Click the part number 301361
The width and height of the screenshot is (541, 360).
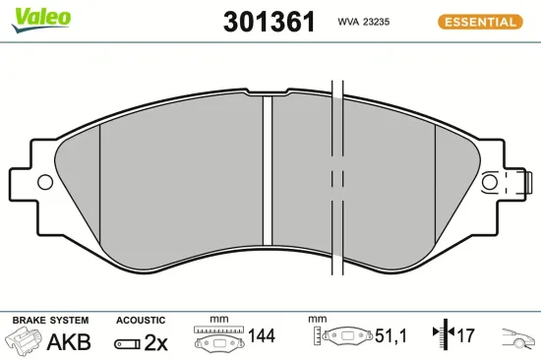[269, 21]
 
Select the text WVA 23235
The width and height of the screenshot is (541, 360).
[366, 22]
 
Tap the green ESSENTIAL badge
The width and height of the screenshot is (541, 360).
[479, 22]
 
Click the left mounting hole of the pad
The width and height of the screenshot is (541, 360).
[43, 182]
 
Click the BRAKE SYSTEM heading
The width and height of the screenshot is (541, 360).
[50, 321]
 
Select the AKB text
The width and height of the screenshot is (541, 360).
[69, 341]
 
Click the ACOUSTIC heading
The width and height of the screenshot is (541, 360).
[140, 321]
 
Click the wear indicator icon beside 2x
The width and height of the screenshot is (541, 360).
[127, 343]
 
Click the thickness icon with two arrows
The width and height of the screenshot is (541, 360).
[441, 336]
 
